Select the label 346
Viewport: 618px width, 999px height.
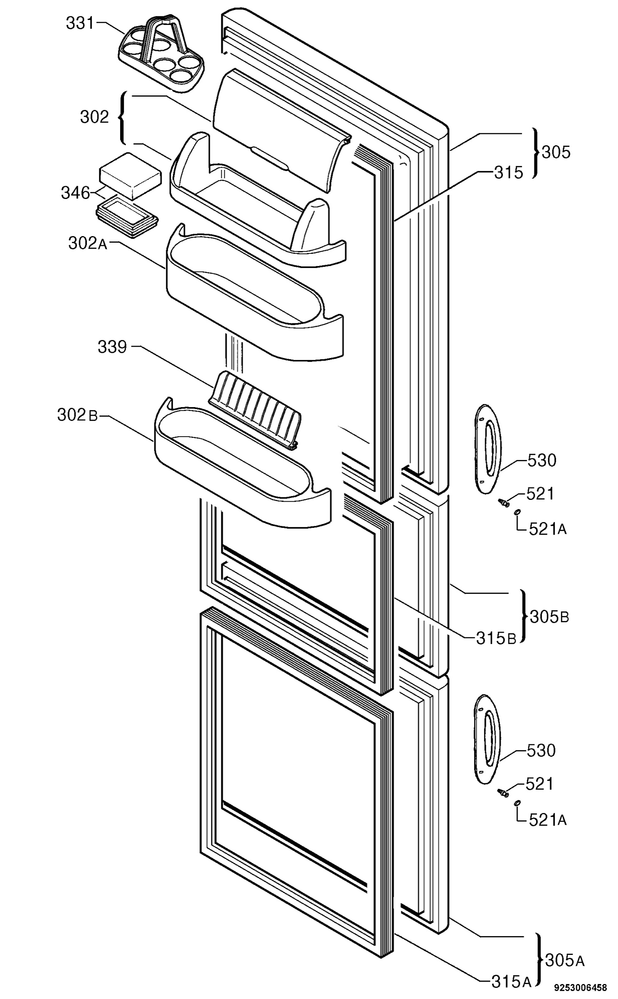[x=75, y=193]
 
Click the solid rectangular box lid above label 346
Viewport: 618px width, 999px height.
[x=130, y=175]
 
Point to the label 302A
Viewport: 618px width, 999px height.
[x=88, y=243]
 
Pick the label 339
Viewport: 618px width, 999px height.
[x=112, y=347]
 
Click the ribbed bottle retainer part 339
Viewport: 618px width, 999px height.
[x=255, y=410]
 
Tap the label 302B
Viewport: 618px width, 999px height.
[x=77, y=415]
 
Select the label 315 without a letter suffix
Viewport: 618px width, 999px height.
[x=508, y=172]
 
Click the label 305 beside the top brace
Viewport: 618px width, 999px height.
[x=556, y=152]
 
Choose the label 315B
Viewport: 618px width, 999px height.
[x=496, y=638]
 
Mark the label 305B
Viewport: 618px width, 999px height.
[x=549, y=616]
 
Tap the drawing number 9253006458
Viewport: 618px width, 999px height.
[x=580, y=987]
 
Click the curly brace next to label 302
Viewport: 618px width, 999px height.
[x=122, y=118]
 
